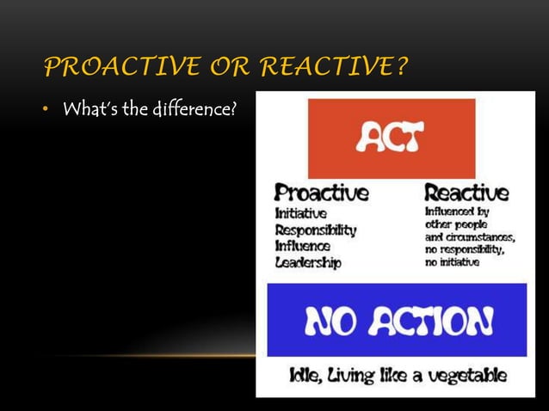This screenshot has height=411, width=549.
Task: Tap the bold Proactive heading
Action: [x=321, y=192]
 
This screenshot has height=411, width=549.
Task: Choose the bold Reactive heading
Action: [x=467, y=192]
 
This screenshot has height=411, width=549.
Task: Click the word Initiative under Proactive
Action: [x=300, y=213]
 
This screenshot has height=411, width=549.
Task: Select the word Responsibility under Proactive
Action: [x=315, y=230]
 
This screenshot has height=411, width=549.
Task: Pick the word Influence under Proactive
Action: [x=302, y=246]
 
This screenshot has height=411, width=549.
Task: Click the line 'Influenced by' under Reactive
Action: [x=458, y=211]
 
